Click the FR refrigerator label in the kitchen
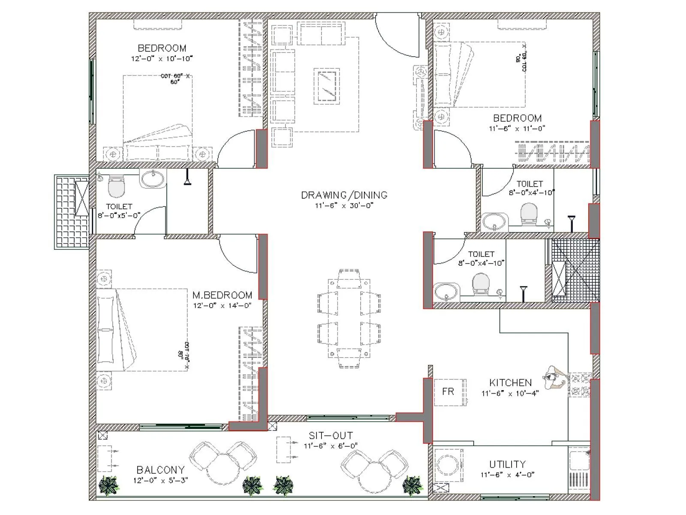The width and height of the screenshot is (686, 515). point(448,391)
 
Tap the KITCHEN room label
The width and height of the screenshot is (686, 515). point(510,382)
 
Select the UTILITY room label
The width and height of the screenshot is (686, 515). point(507,464)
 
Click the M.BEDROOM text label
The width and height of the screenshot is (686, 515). point(222,295)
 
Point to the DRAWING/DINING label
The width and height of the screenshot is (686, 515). point(344,195)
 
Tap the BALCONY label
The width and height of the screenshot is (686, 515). point(160,470)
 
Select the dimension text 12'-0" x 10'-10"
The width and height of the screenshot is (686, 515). point(162,58)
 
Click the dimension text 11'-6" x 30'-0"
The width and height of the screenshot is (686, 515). point(344,205)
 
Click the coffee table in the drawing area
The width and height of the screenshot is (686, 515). point(327,86)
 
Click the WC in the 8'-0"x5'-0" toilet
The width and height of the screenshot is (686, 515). point(116,185)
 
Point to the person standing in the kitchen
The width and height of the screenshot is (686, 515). point(555,378)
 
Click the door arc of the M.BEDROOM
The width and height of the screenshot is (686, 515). point(238,255)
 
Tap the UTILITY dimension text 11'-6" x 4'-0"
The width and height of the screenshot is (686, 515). point(507,475)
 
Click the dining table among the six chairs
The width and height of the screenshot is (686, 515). point(349,318)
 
